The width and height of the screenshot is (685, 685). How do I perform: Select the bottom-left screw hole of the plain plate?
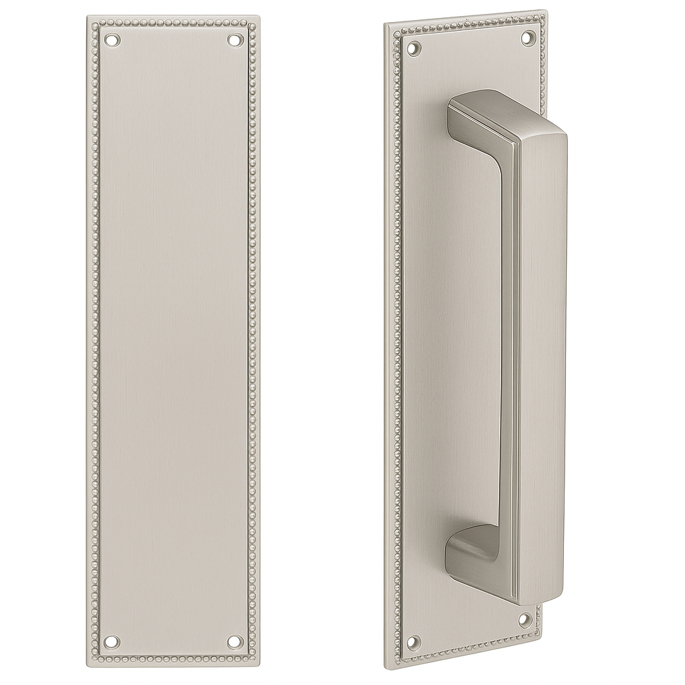click(x=111, y=642)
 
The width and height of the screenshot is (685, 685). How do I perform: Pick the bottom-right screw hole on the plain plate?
click(x=233, y=642)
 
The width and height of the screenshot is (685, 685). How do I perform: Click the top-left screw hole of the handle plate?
click(x=414, y=48)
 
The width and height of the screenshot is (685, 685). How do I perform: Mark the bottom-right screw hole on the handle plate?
click(x=526, y=619)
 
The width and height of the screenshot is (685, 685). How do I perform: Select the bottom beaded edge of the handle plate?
click(x=468, y=653)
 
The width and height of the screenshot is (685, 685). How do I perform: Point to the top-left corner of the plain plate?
click(x=88, y=18)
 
